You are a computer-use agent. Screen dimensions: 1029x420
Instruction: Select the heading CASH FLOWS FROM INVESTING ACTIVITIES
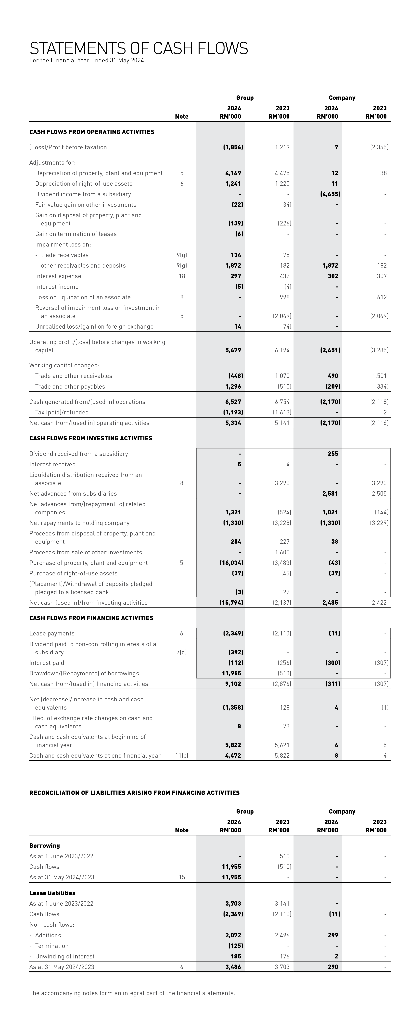[x=91, y=438]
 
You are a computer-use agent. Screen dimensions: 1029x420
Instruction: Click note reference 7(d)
[x=181, y=652]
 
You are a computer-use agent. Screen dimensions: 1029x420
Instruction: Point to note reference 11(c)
[x=181, y=755]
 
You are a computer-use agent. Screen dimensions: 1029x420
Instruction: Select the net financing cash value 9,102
[x=233, y=684]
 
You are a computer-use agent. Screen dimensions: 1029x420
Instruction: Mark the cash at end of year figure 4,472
[x=233, y=755]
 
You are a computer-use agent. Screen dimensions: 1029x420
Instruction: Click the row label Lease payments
[x=52, y=633]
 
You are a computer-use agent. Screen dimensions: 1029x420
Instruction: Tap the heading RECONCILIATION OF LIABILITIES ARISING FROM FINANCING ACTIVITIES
[x=134, y=793]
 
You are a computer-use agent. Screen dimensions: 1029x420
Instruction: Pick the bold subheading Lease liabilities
[x=52, y=893]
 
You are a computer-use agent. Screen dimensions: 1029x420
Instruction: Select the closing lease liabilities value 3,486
[x=233, y=967]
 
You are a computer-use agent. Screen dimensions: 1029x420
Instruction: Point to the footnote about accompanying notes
[x=132, y=993]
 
